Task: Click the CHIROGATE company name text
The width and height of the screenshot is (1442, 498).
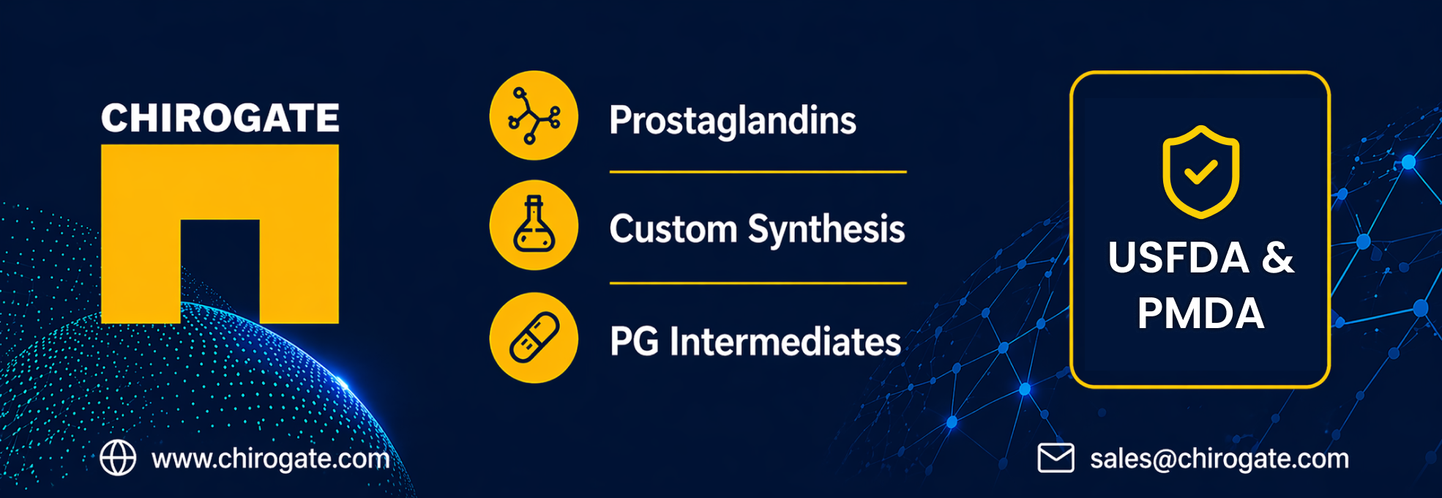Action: [220, 118]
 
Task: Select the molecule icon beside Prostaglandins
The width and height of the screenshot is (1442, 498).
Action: [534, 116]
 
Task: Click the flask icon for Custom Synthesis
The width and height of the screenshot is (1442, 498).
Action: [534, 226]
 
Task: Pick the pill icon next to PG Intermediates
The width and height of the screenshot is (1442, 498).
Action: [534, 338]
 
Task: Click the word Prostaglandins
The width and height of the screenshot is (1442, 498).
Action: [733, 121]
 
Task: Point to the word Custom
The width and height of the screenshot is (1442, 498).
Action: [673, 228]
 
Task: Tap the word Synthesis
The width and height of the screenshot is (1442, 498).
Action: [826, 230]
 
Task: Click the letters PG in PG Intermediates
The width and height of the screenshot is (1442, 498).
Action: [634, 341]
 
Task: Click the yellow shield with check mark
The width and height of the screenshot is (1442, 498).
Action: [1200, 172]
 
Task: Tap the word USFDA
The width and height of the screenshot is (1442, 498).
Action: [1178, 258]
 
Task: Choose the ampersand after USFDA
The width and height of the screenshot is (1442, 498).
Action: [1278, 258]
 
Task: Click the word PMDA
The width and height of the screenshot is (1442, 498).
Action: [1200, 313]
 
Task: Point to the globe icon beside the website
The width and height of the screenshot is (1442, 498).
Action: [118, 458]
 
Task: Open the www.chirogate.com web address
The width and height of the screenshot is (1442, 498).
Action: [271, 459]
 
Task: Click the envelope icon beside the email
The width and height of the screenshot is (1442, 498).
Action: [1056, 458]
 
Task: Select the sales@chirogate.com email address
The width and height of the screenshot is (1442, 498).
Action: [1219, 459]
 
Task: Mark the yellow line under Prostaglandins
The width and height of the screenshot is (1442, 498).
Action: [758, 172]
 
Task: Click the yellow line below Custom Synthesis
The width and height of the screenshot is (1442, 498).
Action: [758, 283]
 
